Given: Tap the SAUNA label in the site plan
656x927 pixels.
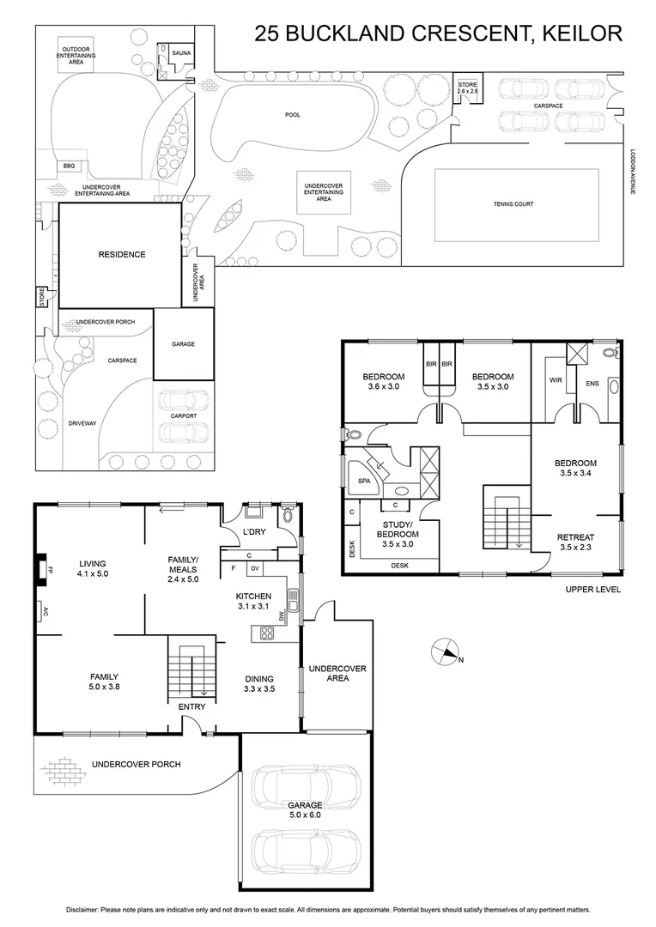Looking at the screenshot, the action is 181,53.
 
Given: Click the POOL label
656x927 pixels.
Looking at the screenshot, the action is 293,114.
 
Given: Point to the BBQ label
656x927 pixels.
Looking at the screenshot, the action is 69,167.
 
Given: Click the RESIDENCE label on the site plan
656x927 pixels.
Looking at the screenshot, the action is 121,254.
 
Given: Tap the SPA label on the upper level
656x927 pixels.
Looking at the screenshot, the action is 364,482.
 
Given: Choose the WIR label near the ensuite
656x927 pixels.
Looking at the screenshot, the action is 555,380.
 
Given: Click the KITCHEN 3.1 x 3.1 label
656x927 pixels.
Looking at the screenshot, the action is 254,601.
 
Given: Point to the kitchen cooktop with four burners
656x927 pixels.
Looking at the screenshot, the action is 266,634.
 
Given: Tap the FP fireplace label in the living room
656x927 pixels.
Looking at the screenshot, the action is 51,568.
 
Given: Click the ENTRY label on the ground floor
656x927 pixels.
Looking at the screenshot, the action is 191,706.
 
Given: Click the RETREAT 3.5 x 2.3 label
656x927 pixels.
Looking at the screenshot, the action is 576,542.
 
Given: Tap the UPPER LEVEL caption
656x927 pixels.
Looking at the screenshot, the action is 592,590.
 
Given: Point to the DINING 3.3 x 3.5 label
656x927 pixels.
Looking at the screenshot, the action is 258,682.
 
